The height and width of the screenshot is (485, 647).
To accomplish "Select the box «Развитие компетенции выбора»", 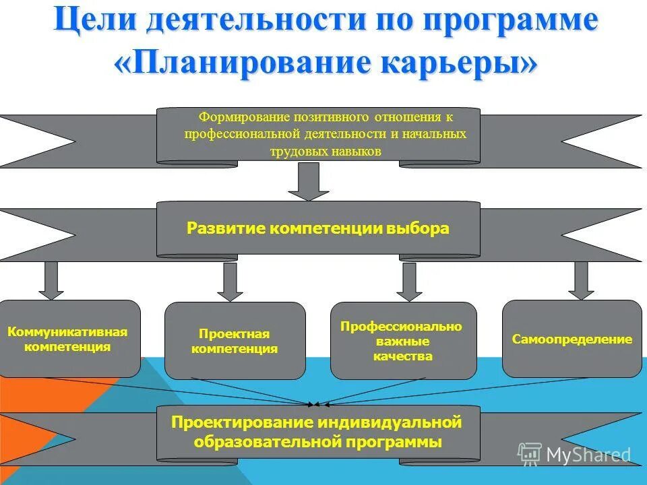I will pos(318,229).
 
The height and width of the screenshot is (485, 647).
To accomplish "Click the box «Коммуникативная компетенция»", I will pos(67,339).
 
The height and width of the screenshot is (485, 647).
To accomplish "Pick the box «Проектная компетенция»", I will pos(235,341).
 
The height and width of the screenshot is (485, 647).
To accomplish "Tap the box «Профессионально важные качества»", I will pos(402,341).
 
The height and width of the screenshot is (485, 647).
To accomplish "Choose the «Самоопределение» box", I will pos(572,339).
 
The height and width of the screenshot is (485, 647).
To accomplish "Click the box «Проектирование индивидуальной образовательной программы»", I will pos(318,432).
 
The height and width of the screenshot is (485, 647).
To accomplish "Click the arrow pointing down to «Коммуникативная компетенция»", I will pos(51,280).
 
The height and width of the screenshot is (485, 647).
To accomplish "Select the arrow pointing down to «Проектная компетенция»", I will pos(230,282).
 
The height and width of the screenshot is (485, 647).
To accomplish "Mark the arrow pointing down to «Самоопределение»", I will pos(581,280).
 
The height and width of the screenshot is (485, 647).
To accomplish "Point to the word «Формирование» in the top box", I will pos(237,117).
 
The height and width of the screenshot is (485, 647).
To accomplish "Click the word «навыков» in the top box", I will pos(356,152).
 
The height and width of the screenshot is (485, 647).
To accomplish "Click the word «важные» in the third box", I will pos(402,342).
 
